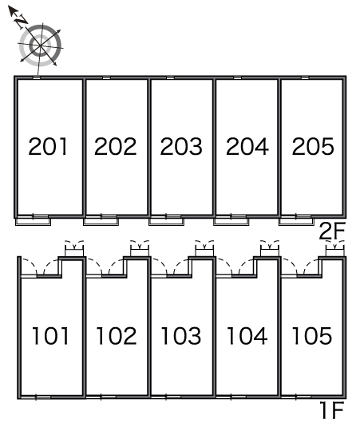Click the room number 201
click(x=48, y=146)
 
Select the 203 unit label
click(x=181, y=146)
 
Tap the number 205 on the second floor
click(x=313, y=146)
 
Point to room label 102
click(x=117, y=335)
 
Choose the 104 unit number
click(x=247, y=335)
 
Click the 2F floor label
click(x=332, y=231)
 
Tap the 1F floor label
click(x=332, y=410)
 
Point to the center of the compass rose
click(x=41, y=45)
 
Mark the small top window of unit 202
click(x=107, y=78)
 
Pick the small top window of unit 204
click(x=237, y=78)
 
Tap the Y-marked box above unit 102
click(x=140, y=250)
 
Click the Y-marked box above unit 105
click(x=335, y=250)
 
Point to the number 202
click(x=116, y=146)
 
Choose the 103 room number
click(x=181, y=335)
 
